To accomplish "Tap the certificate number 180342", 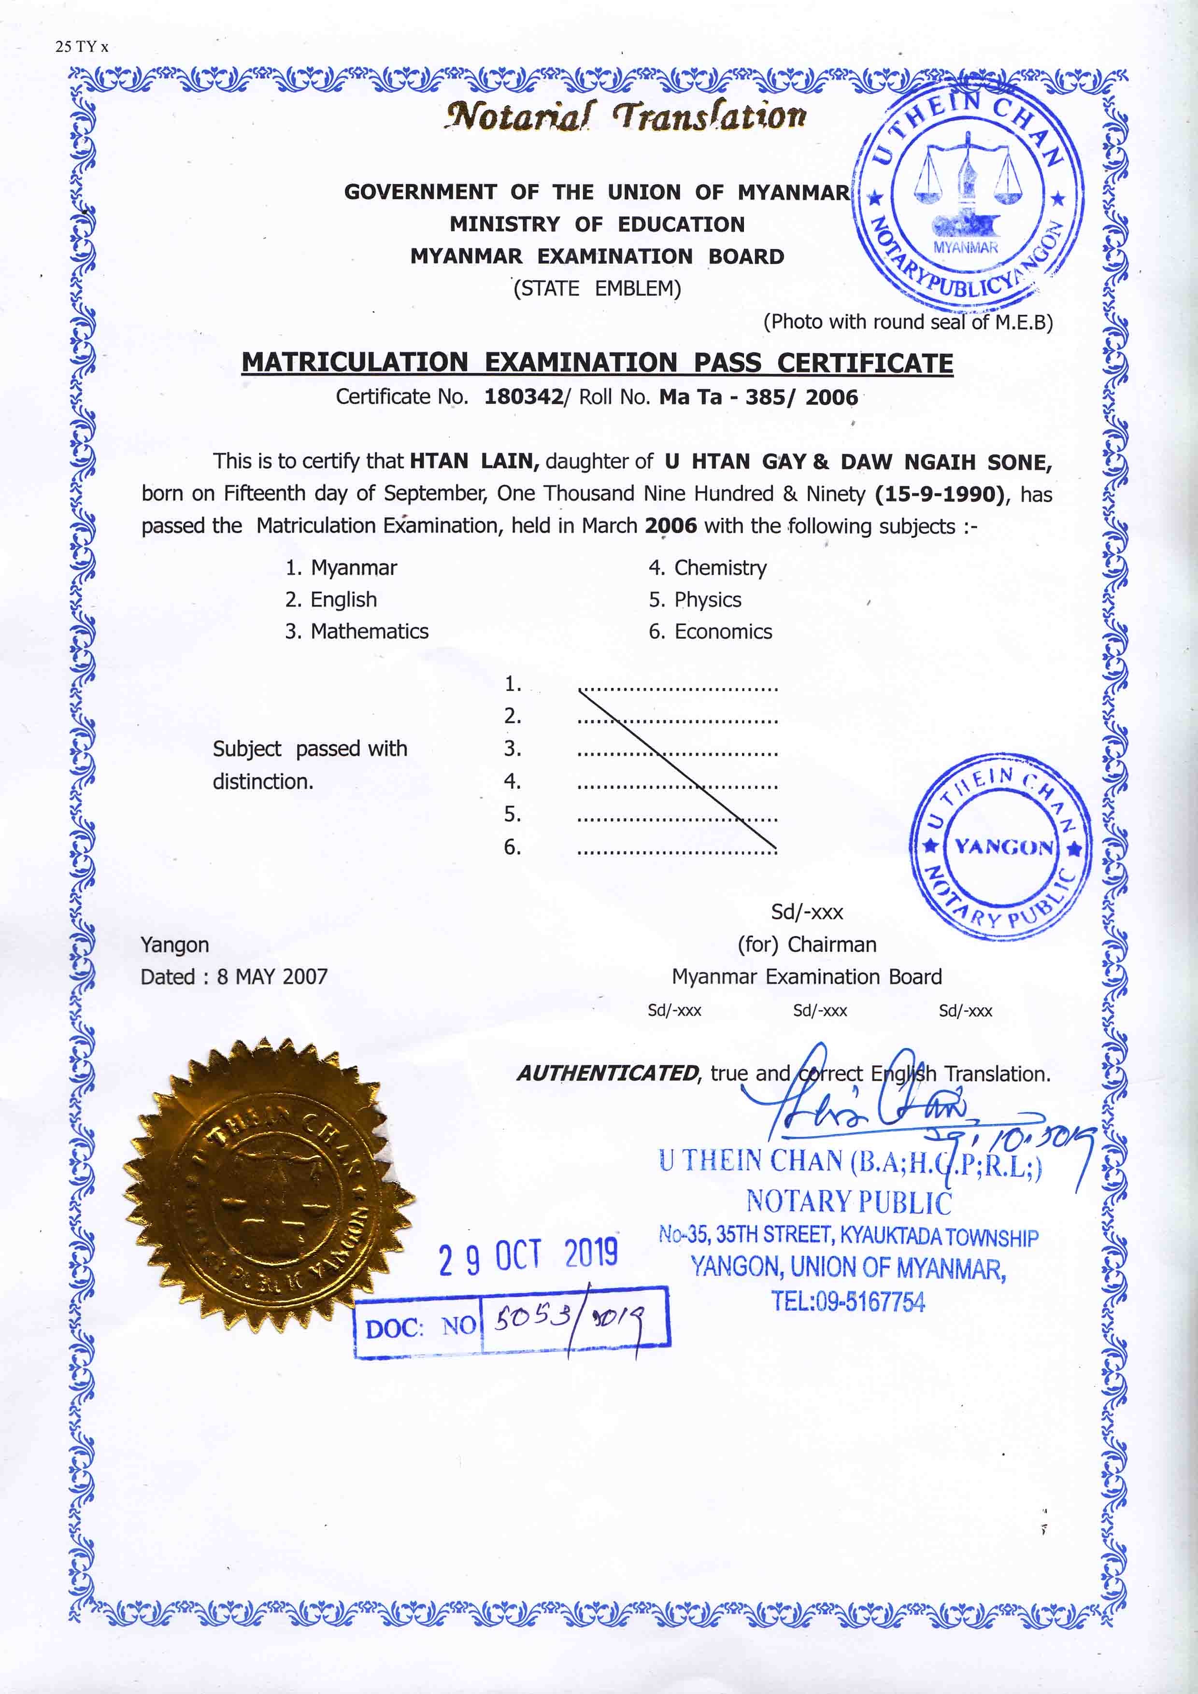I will click(523, 397).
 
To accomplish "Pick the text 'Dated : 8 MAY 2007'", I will click(234, 977).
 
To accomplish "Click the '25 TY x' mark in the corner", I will click(81, 46).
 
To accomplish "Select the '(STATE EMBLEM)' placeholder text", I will click(597, 288).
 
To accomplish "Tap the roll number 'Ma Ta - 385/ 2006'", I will click(758, 397).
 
